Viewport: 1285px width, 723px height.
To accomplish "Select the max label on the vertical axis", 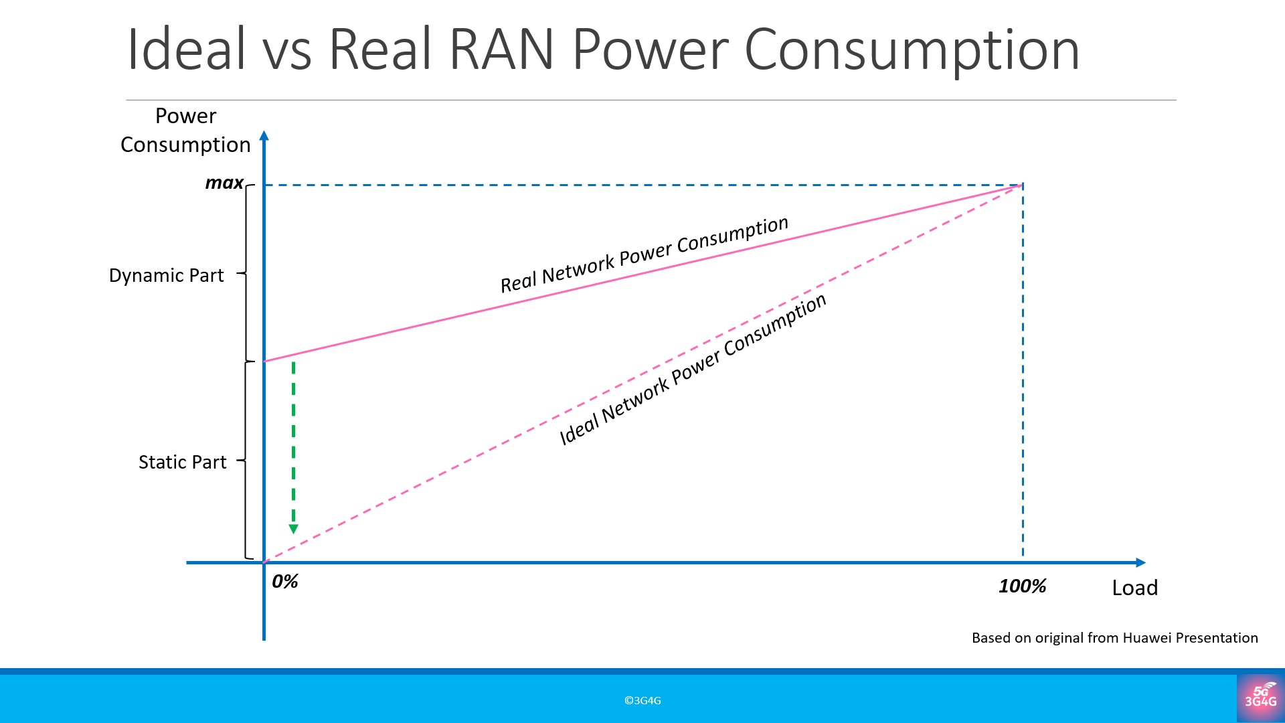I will (224, 183).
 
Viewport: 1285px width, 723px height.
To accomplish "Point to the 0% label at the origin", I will (285, 582).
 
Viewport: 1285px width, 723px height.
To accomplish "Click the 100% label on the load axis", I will (1022, 586).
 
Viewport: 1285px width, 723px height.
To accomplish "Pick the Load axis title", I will (1134, 588).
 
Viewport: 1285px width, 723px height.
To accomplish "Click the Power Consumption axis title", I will (185, 131).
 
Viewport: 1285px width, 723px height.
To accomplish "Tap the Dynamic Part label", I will (166, 276).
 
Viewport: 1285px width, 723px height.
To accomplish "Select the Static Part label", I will (182, 463).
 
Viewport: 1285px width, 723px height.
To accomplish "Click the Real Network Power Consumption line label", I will (645, 254).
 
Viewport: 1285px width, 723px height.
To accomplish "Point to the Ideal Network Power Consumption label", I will (693, 370).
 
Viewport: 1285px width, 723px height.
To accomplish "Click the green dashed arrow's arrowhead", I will (293, 529).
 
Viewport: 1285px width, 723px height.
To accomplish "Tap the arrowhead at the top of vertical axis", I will (264, 136).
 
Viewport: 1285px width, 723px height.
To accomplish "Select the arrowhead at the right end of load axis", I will (1140, 562).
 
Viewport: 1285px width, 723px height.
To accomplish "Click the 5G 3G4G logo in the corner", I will (1260, 698).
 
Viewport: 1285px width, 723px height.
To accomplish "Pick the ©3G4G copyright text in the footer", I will (642, 701).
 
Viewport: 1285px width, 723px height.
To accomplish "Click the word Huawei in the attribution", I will (1146, 638).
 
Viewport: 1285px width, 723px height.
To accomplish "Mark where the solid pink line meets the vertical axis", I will (264, 361).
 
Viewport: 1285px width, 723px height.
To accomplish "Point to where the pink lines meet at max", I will (1022, 184).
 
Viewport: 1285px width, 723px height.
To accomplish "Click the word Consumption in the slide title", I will (912, 51).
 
